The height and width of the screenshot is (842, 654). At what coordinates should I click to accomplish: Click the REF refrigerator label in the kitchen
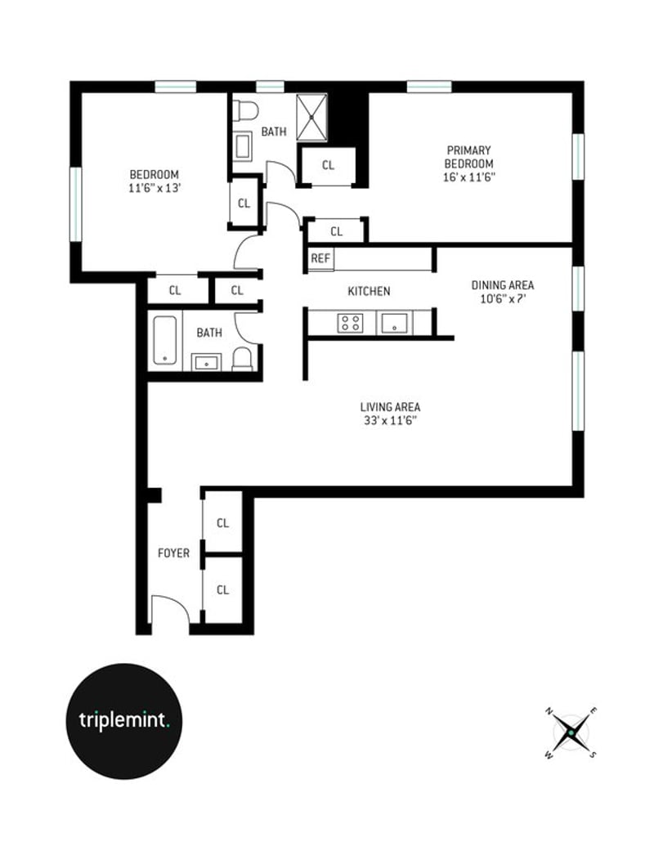tap(320, 258)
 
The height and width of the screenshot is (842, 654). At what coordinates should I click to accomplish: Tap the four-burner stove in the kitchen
tap(350, 323)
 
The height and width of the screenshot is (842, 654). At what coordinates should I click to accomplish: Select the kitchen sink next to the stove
tap(395, 323)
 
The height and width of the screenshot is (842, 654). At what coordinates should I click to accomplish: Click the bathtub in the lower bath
tap(165, 340)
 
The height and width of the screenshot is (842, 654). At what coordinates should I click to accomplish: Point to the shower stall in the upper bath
tap(312, 117)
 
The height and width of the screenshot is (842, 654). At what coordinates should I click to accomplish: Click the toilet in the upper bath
tap(245, 111)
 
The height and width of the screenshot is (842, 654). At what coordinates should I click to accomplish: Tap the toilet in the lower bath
tap(242, 359)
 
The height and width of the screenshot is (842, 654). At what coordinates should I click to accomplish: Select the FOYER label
tap(173, 553)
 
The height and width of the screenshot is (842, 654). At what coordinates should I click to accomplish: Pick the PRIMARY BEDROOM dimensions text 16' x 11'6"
tap(468, 177)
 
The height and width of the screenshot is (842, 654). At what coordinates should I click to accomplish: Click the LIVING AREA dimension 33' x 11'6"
tap(391, 420)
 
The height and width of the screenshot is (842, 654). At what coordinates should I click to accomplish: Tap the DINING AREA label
tap(503, 285)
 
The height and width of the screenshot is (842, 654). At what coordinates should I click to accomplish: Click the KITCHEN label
tap(369, 291)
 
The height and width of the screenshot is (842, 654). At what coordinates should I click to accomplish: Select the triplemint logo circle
tap(124, 721)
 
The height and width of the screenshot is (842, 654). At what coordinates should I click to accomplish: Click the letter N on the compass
tap(549, 711)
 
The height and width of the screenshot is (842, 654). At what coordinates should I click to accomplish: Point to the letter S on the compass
tap(593, 754)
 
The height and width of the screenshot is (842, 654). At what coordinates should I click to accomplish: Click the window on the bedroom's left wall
tap(76, 204)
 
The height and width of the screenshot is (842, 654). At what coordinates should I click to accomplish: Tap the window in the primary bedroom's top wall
tap(429, 87)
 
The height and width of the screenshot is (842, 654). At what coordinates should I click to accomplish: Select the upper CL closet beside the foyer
tap(222, 522)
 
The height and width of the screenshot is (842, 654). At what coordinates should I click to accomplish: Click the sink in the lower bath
tap(207, 362)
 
